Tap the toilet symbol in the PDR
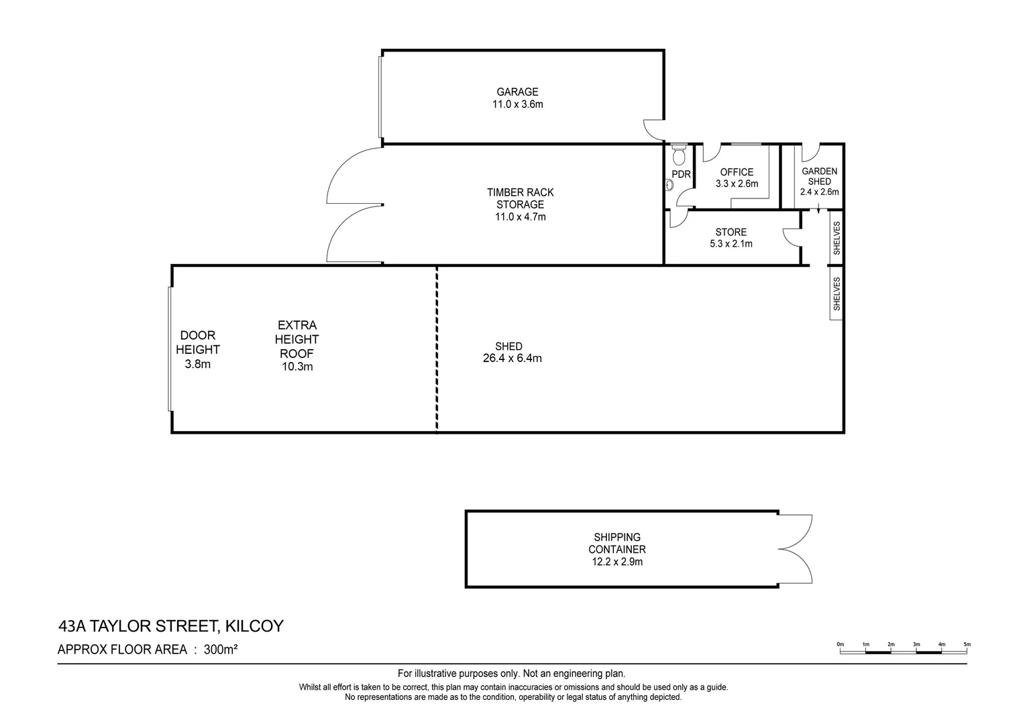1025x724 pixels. [x=678, y=156]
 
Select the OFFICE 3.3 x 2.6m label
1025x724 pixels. [x=737, y=178]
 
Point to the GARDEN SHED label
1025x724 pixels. [x=819, y=181]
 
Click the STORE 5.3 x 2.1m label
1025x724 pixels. [x=731, y=238]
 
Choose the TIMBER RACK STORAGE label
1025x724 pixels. [x=520, y=204]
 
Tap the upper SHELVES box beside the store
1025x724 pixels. [x=836, y=238]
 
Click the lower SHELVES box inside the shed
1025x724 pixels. [x=836, y=294]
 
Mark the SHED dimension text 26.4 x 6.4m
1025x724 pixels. [x=512, y=359]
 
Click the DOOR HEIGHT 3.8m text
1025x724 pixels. [x=197, y=350]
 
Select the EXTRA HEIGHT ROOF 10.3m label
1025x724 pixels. [x=296, y=346]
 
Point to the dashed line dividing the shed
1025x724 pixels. [x=437, y=349]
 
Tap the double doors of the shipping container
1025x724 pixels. [x=797, y=549]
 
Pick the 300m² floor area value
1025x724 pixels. [x=222, y=649]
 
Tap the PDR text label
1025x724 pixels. [x=681, y=174]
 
